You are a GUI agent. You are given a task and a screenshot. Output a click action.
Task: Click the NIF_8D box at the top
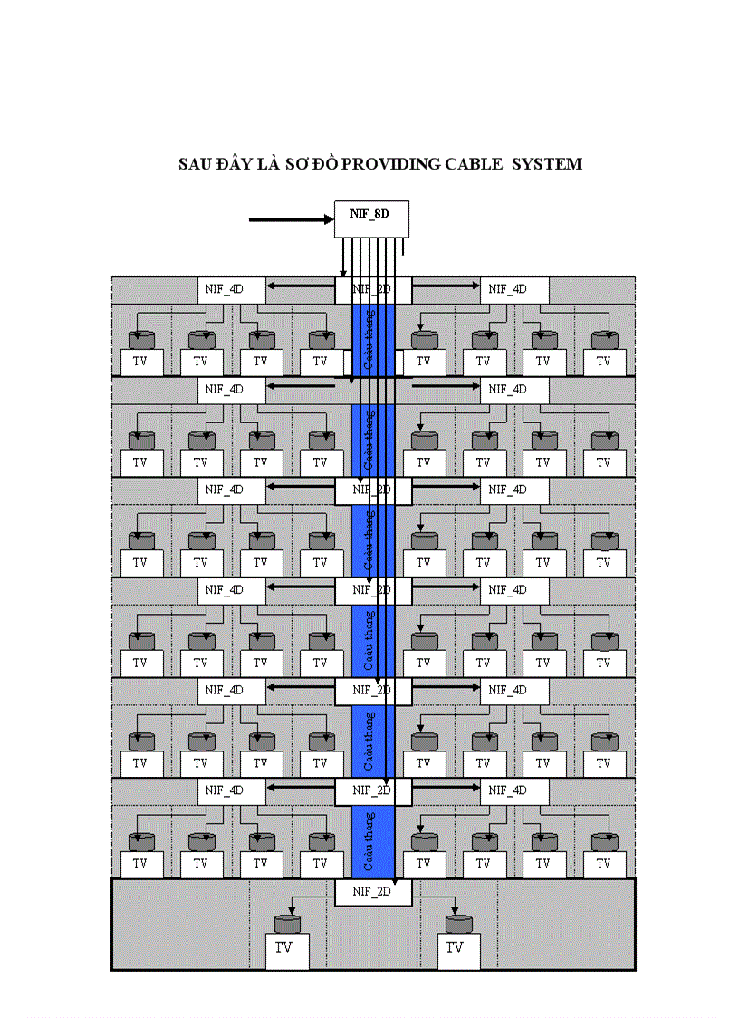tap(371, 218)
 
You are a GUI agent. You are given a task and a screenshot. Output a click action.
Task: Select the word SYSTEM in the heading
tap(546, 164)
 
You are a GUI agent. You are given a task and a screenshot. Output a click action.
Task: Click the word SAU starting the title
tap(194, 164)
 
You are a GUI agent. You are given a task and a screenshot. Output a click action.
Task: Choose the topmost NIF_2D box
tap(373, 290)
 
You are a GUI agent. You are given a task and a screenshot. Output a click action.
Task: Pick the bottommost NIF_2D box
tap(373, 891)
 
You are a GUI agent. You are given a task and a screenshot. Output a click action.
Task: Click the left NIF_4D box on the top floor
tap(232, 290)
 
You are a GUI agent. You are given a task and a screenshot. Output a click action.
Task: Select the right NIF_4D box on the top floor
tap(514, 290)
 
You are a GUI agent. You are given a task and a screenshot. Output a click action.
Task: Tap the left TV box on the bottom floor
tap(285, 950)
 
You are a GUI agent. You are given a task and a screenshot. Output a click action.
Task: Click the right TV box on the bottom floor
tap(455, 950)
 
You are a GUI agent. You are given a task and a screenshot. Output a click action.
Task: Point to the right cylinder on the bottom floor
tap(459, 924)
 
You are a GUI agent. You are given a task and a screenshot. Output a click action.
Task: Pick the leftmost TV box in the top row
tap(140, 362)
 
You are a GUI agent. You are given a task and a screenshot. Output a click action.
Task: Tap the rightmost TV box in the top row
tap(604, 362)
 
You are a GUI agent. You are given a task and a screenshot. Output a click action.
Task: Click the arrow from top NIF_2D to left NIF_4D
tap(301, 288)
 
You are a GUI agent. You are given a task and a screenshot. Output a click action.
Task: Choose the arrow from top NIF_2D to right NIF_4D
tap(446, 288)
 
